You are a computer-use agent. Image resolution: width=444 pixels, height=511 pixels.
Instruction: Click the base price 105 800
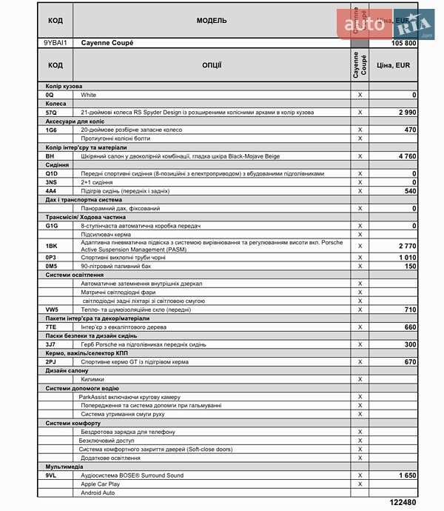(x=403, y=44)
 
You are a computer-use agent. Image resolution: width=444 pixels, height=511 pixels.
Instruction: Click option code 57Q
(x=50, y=113)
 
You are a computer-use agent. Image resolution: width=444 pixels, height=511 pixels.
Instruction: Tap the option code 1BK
(x=51, y=245)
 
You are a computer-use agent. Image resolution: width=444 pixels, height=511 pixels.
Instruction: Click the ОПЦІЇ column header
(x=212, y=65)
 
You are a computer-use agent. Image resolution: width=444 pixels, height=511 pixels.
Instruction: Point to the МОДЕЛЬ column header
(x=212, y=21)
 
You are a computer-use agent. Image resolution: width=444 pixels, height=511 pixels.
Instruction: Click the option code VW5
(x=52, y=310)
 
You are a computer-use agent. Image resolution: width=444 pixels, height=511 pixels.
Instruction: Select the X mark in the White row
(x=360, y=96)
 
